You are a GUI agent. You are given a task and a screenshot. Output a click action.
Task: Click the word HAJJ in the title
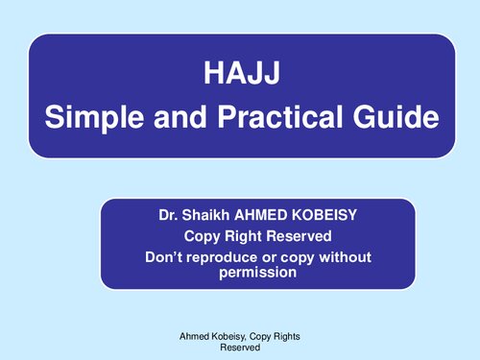[240, 73]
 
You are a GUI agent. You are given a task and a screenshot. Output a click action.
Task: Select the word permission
[257, 273]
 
